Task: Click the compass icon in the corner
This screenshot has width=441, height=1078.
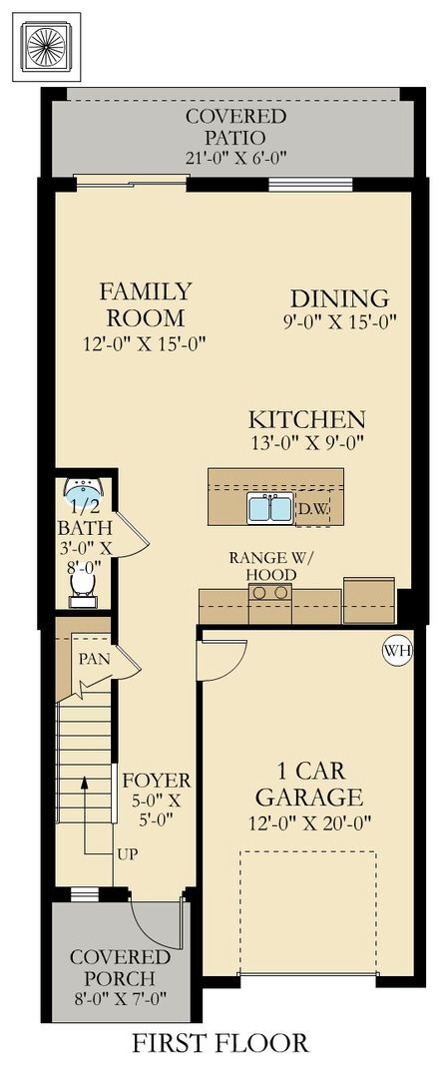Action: coord(46,47)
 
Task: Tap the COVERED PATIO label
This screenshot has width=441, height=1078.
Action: coord(235,127)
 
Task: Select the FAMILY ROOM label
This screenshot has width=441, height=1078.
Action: coord(146,304)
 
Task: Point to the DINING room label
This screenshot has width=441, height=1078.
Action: coord(339,298)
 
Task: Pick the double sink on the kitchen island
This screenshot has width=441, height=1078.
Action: coord(269,509)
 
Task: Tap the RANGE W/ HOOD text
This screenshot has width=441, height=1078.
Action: coord(262,567)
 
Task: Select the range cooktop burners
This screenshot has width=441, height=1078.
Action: coord(269,593)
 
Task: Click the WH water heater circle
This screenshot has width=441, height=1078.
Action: coord(397,652)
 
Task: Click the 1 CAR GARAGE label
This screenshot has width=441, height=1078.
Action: coord(307,785)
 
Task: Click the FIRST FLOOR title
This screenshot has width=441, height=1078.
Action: coord(220,1044)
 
